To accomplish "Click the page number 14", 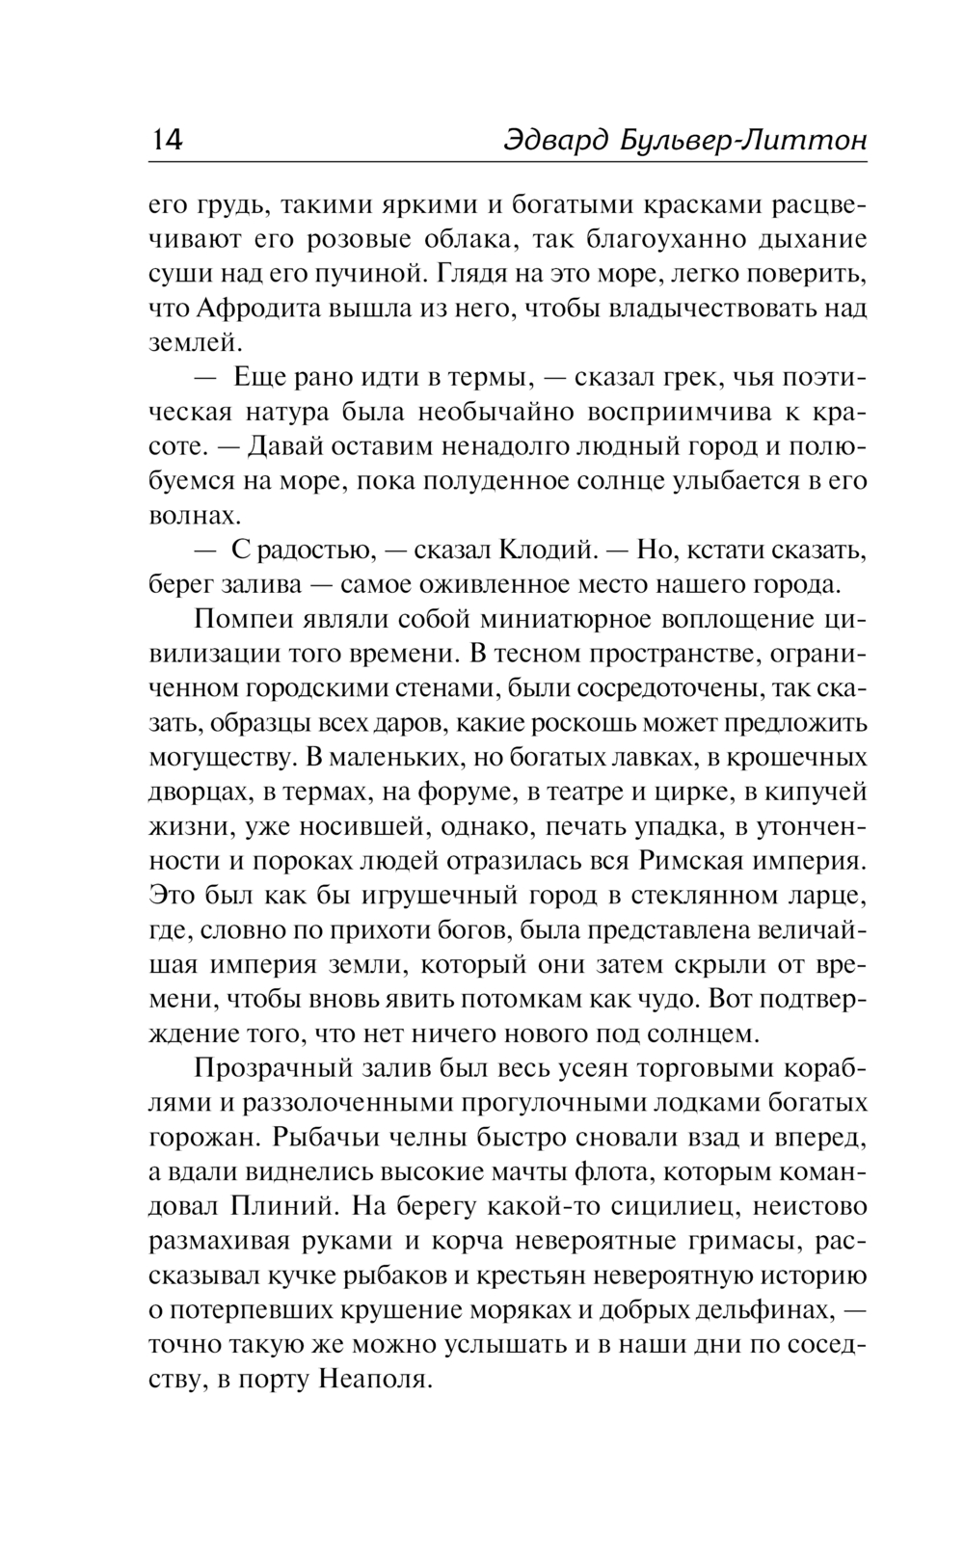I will coord(166,141).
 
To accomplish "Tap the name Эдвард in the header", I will coord(549,142).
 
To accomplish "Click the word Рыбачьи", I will coord(308,1138).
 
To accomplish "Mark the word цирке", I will coord(685,792).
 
